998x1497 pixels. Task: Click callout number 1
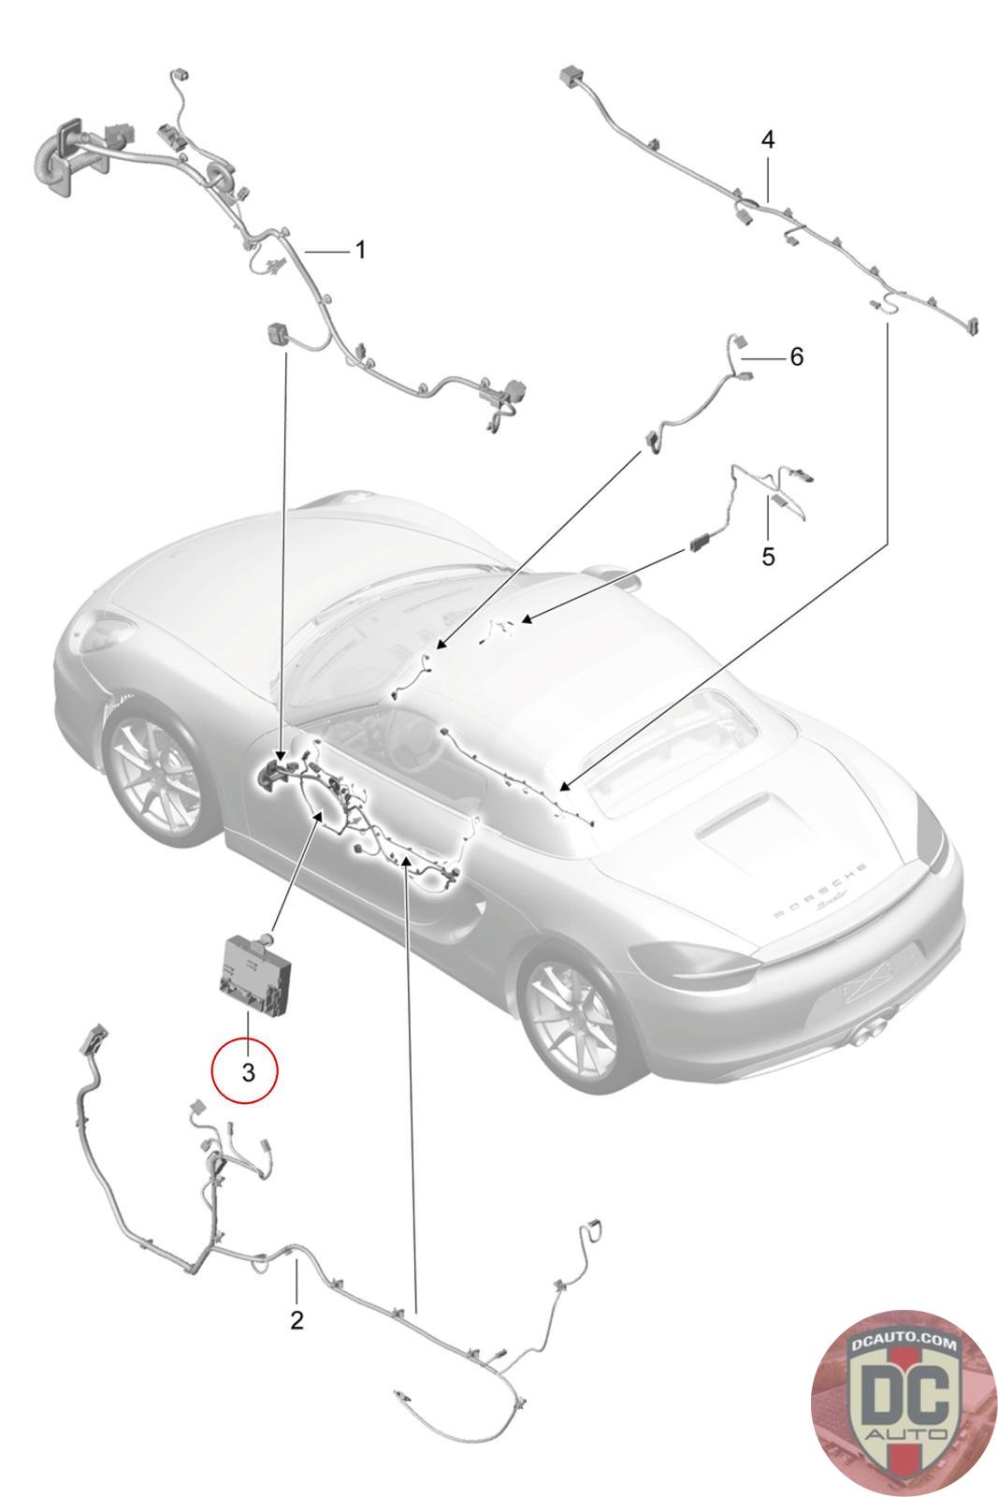point(360,251)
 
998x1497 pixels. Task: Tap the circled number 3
point(248,1072)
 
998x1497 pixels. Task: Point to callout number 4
point(768,139)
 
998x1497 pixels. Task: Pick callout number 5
point(768,556)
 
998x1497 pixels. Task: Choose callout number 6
point(796,356)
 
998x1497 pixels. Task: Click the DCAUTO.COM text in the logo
point(904,1340)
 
